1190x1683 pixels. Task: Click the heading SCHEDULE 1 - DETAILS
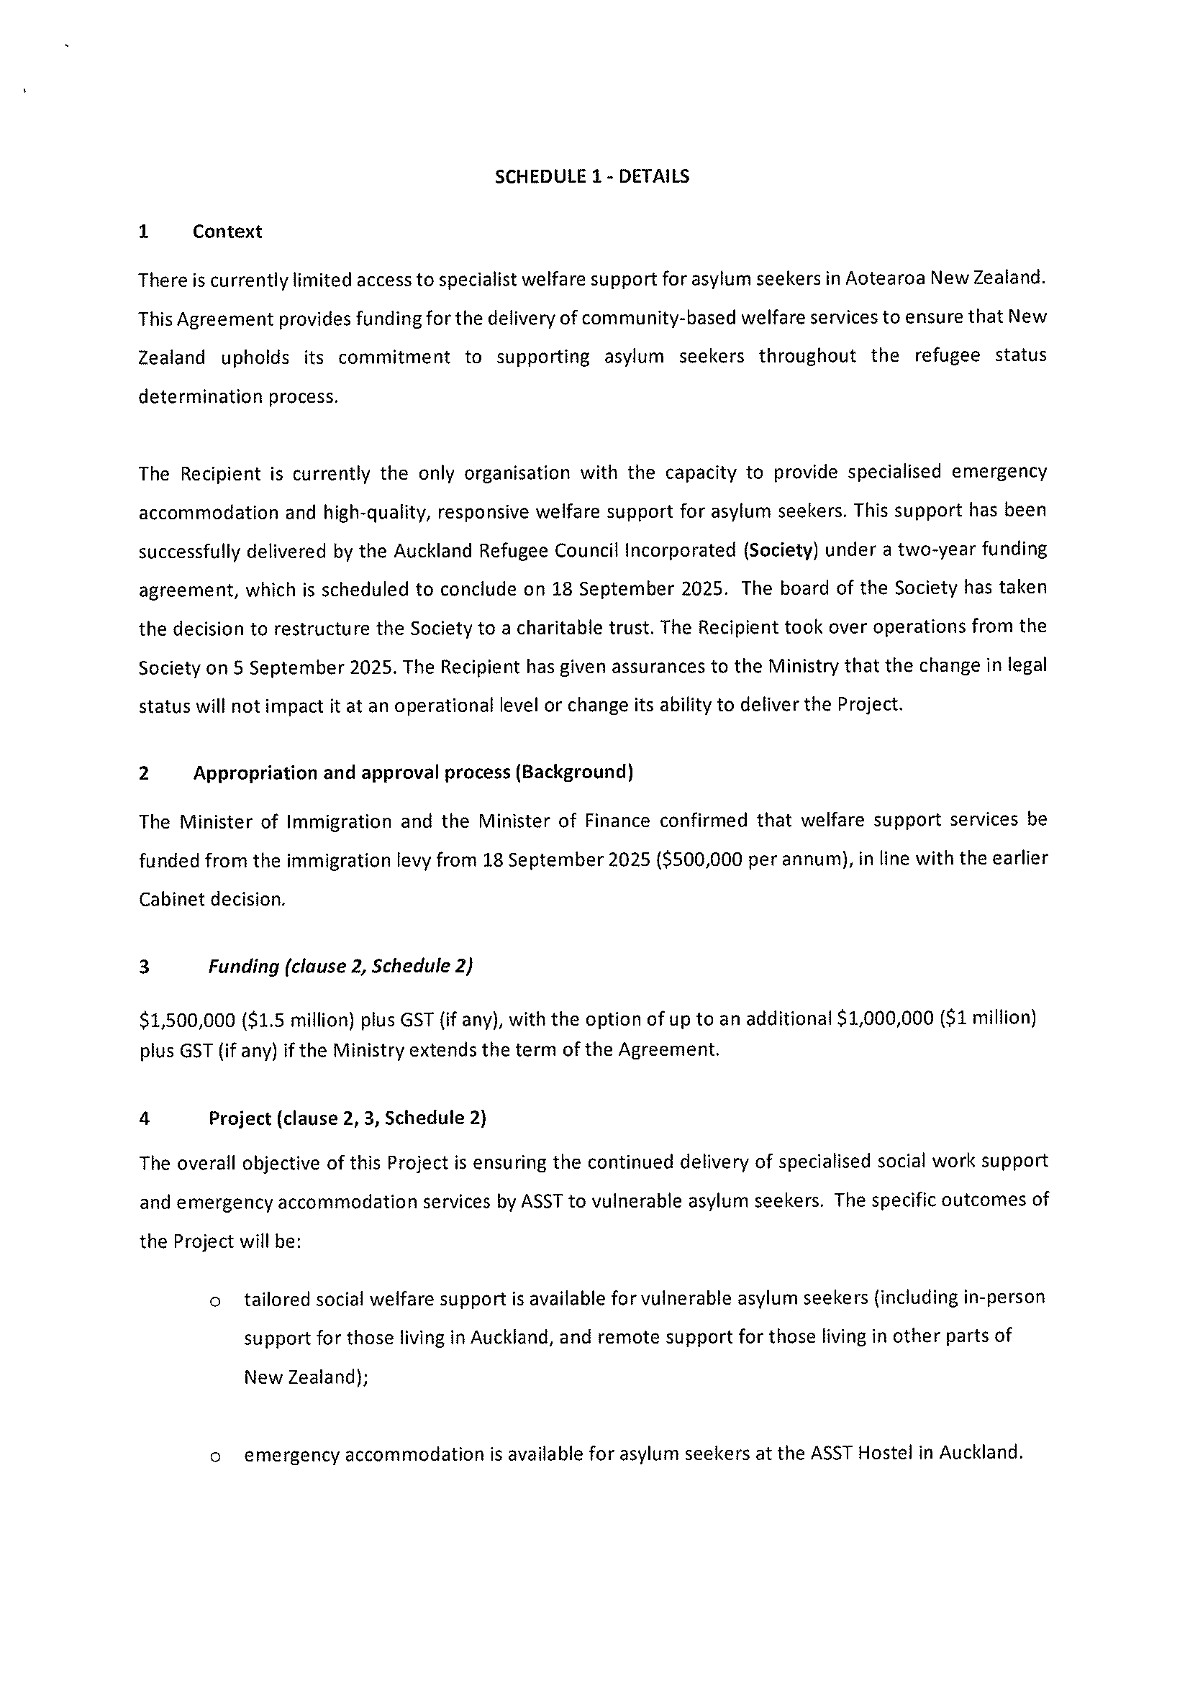(591, 177)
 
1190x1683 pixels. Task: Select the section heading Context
(227, 232)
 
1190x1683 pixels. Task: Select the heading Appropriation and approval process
(413, 772)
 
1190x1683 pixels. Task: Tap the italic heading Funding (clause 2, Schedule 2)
(340, 967)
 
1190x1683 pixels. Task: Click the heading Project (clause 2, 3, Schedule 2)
(347, 1118)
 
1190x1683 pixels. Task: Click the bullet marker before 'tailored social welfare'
(215, 1301)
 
